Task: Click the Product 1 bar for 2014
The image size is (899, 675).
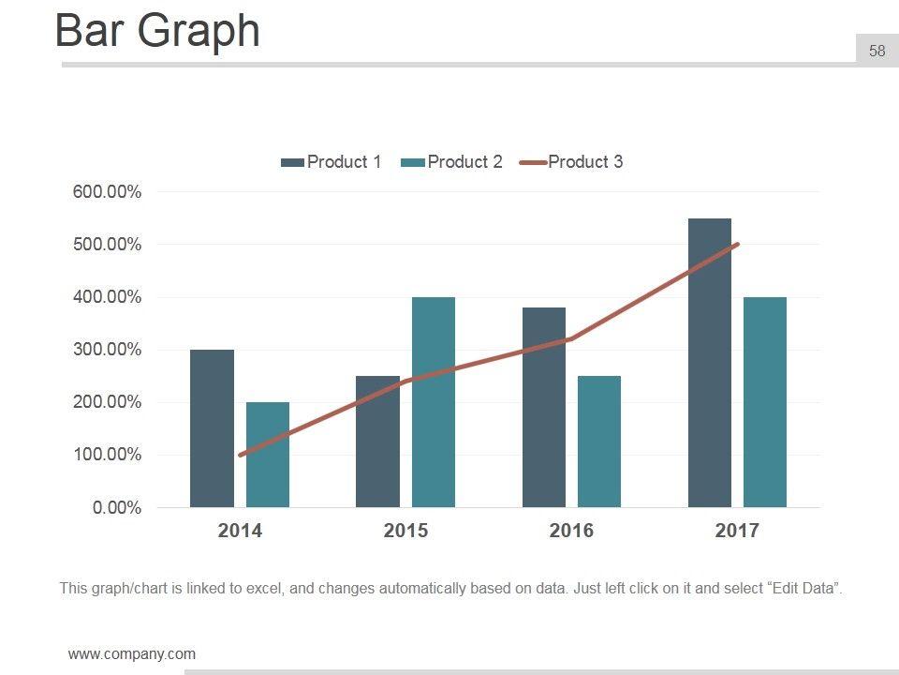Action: [x=212, y=428]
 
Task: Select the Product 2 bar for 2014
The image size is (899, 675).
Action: [x=267, y=455]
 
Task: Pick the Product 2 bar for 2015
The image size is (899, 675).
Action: [x=433, y=402]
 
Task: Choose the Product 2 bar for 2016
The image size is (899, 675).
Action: [x=598, y=442]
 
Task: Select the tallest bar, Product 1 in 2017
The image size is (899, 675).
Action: [x=709, y=363]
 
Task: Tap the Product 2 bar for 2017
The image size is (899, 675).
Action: [x=764, y=402]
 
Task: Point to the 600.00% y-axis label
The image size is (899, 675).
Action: [x=107, y=192]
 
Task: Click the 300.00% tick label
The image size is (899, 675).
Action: [x=107, y=350]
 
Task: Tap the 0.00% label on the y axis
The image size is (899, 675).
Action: [x=116, y=508]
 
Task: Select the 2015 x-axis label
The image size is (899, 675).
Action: [x=405, y=532]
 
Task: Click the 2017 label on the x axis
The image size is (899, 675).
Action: [x=737, y=532]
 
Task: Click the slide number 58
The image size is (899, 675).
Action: [x=877, y=52]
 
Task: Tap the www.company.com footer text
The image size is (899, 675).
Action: [x=132, y=654]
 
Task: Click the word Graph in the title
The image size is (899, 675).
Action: [x=199, y=31]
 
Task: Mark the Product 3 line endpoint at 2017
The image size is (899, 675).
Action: [x=737, y=245]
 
